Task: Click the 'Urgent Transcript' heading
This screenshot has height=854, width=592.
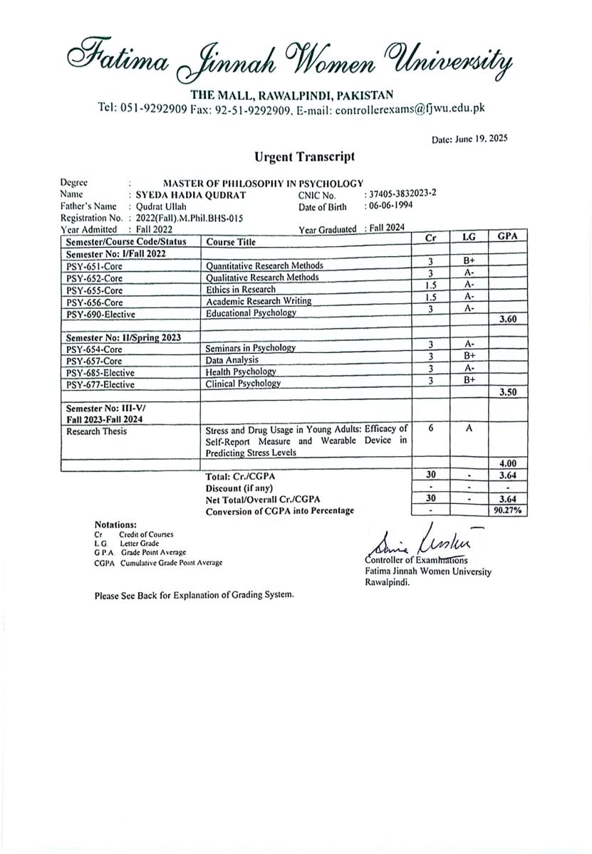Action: pos(304,157)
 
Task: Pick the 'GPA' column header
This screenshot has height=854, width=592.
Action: pos(507,236)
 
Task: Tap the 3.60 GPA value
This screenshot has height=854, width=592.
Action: pos(507,320)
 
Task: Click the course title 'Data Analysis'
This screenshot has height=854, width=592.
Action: pos(232,360)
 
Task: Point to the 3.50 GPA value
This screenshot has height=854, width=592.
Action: pos(507,391)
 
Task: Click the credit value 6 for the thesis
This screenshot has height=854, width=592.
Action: pos(431,428)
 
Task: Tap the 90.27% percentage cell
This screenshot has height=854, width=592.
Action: pos(507,511)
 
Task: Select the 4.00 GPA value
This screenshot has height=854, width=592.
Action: pos(507,463)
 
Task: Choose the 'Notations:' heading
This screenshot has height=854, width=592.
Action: pos(115,524)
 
